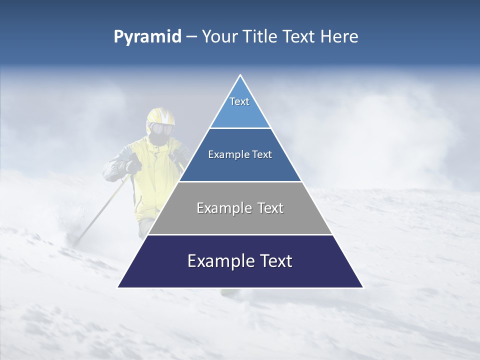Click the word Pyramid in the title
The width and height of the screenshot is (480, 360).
coord(147,37)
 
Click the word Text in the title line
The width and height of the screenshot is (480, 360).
coord(299,36)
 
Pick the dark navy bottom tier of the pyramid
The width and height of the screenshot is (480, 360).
coord(240,275)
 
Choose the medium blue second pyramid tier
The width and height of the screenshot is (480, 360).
coord(240,167)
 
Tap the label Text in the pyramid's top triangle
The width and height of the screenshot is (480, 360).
coord(239,101)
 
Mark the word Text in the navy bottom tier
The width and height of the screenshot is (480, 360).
coord(274,261)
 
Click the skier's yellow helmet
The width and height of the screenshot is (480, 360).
coord(160,116)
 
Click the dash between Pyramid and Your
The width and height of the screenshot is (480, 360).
coord(191,37)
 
